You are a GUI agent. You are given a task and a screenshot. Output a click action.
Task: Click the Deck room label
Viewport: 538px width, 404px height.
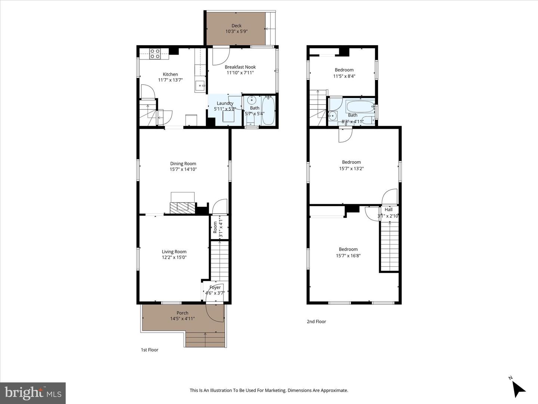236,26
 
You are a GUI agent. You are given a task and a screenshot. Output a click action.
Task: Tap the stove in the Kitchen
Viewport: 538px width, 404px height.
155,54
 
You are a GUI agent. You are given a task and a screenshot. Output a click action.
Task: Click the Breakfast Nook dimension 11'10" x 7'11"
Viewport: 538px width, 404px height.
240,73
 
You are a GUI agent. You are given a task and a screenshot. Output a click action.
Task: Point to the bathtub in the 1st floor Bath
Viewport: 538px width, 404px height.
268,111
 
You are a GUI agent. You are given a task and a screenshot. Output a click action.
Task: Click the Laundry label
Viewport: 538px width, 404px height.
225,103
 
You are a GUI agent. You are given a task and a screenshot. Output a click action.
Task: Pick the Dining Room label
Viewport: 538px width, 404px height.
183,163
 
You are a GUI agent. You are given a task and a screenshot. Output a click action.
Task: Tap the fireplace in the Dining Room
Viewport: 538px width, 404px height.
183,207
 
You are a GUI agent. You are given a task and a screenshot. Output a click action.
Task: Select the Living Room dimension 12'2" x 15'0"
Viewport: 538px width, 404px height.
174,257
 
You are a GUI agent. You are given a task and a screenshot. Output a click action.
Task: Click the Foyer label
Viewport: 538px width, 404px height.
215,287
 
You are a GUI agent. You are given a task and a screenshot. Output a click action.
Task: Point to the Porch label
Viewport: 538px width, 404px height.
182,313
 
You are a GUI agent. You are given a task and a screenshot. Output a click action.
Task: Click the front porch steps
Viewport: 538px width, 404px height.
205,340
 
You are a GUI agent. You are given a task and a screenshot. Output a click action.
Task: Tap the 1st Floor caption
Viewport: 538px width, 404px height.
149,350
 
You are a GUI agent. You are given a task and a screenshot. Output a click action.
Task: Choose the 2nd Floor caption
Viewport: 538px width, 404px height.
316,321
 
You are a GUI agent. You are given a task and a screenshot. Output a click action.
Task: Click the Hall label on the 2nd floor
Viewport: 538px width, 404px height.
389,209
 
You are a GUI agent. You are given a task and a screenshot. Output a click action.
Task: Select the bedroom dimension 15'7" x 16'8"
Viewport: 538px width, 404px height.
348,256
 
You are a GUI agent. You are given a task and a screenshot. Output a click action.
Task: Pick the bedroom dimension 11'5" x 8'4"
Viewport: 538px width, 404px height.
344,76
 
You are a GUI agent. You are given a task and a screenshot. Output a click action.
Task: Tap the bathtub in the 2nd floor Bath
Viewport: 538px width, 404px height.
360,107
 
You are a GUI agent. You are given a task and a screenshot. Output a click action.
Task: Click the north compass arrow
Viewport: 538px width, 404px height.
519,389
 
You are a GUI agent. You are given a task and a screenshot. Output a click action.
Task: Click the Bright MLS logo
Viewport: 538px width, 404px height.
33,393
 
